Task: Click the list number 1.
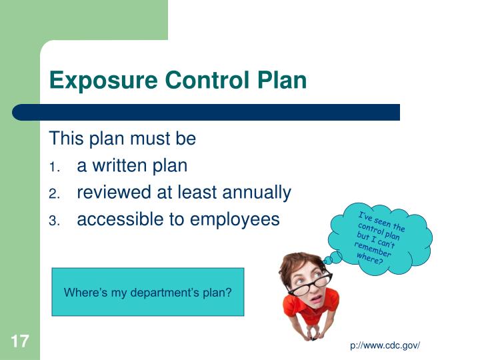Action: point(55,167)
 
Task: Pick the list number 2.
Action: point(55,194)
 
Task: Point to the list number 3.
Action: point(55,221)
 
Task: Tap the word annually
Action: point(256,193)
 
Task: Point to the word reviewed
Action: point(114,193)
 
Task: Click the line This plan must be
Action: point(123,139)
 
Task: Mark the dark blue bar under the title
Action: point(207,112)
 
